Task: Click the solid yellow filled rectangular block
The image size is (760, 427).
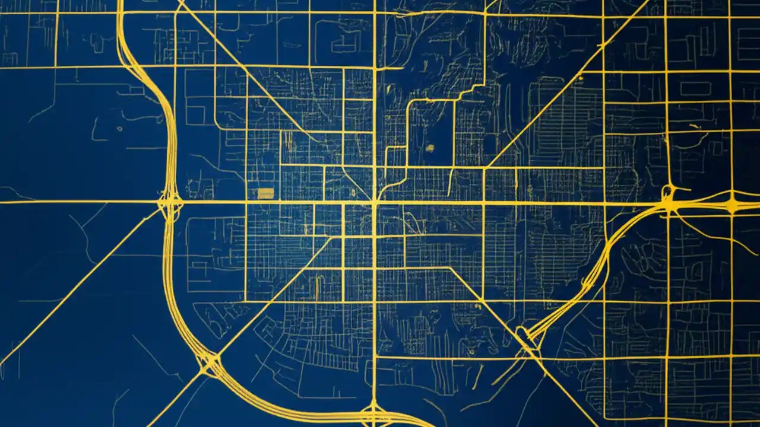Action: coord(265,193)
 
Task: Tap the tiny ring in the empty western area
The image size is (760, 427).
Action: coord(119,128)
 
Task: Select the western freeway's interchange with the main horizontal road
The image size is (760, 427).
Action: coord(169,203)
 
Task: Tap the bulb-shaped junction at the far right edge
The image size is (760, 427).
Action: coord(734,205)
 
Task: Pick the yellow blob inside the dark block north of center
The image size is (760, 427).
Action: coord(430,146)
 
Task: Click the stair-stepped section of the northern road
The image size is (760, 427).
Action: coord(469,92)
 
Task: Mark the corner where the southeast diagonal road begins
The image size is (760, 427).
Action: coord(451,269)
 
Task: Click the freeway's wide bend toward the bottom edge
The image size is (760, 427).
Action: coord(285,403)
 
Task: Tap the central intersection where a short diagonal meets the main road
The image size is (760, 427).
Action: coord(374,202)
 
